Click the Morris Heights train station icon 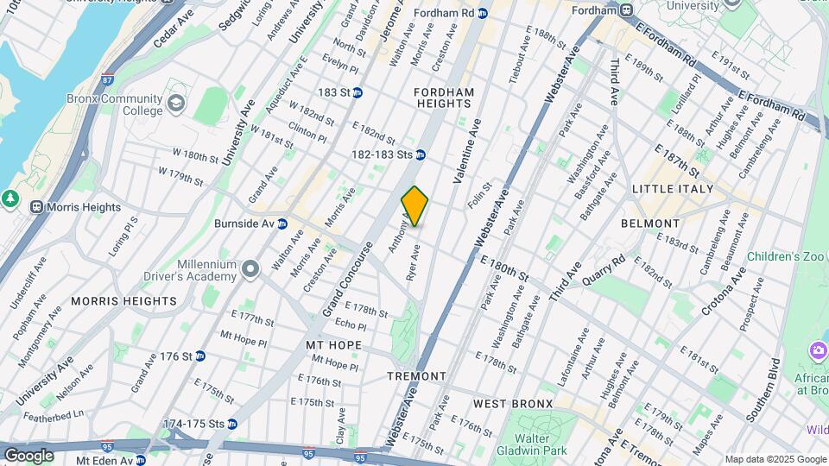tap(37, 207)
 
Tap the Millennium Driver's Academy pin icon tap(250, 269)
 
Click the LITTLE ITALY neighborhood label tap(673, 189)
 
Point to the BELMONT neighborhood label tap(650, 224)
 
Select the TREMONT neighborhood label tap(416, 376)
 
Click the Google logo tap(28, 455)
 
